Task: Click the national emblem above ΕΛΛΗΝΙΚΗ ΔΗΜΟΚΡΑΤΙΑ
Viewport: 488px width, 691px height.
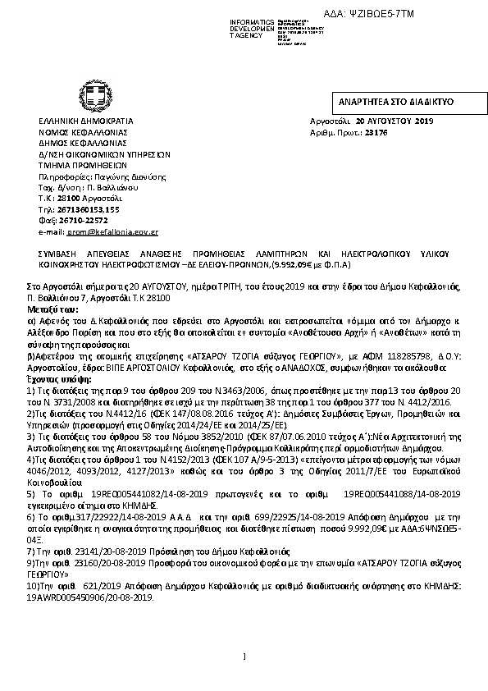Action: pos(87,92)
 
